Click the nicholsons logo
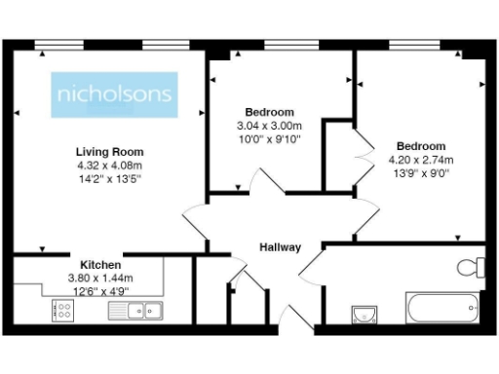(115, 94)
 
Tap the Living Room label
(110, 152)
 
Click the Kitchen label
(100, 265)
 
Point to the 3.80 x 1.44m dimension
(101, 278)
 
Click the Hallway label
(279, 247)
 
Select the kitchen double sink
(136, 311)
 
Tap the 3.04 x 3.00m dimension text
(269, 126)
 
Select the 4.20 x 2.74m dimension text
(421, 160)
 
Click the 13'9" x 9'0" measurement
(421, 172)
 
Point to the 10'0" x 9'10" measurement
(269, 138)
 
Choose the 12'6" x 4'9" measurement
(101, 289)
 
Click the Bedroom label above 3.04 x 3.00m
(269, 113)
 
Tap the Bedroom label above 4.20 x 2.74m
(421, 147)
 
